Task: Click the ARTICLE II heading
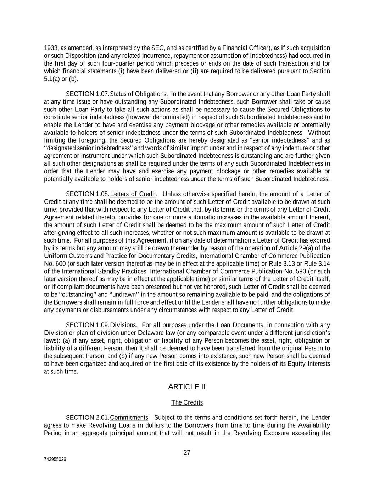(187, 386)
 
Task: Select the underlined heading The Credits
(187, 402)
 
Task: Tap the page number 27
(187, 452)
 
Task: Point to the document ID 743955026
(55, 459)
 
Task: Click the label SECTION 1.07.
(88, 94)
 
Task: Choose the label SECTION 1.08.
(88, 194)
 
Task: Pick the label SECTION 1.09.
(88, 325)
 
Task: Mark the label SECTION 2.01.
(88, 417)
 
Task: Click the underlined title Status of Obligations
(138, 94)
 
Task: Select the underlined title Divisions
(123, 325)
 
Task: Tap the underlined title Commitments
(129, 417)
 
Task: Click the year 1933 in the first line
(50, 48)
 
